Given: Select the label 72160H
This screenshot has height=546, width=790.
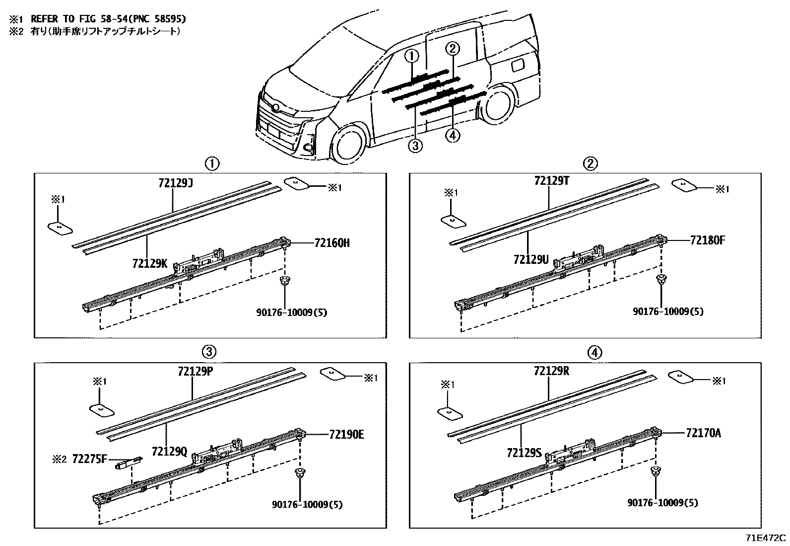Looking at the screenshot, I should [332, 243].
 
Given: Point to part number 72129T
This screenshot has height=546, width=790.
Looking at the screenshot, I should [551, 181].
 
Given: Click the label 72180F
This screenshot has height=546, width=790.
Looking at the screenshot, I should [708, 240].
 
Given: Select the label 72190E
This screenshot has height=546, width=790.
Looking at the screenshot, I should [346, 434].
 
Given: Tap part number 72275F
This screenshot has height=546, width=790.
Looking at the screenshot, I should [89, 459].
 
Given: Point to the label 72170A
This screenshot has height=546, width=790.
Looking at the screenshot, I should [704, 433].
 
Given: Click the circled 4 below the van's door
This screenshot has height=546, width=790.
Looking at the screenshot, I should [453, 135].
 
